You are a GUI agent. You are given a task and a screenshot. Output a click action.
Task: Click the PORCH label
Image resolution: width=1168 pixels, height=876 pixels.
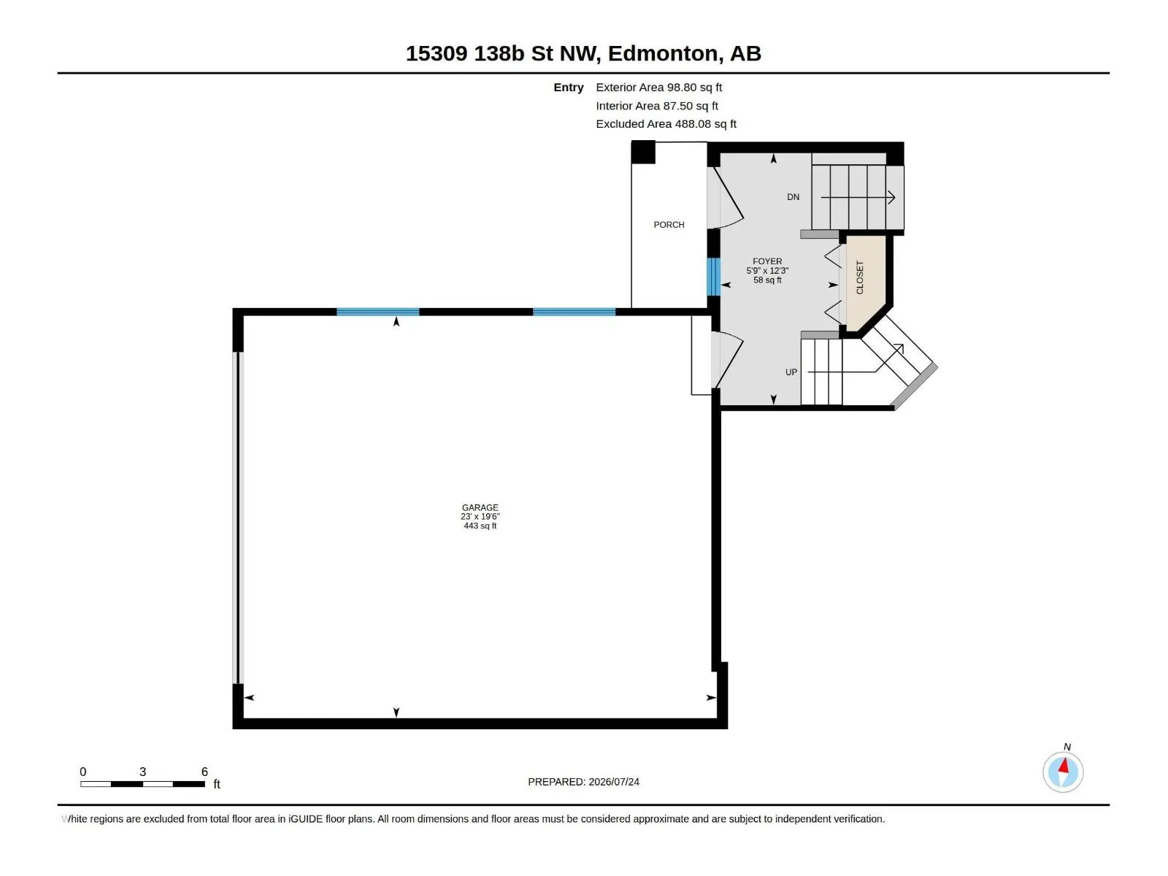click(x=669, y=225)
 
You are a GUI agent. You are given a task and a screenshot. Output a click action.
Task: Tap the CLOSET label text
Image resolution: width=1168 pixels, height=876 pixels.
click(x=860, y=277)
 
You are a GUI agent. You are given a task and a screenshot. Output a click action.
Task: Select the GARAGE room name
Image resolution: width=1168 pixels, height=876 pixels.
click(x=480, y=507)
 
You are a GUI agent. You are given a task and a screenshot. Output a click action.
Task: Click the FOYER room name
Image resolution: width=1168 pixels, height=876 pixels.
click(x=767, y=261)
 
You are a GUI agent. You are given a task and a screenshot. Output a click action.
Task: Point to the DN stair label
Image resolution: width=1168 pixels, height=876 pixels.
click(x=793, y=197)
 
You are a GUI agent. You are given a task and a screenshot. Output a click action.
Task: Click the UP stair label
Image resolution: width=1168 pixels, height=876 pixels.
click(x=791, y=372)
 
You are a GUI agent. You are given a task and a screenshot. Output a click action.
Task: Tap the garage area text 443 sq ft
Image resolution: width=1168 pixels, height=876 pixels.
click(x=480, y=526)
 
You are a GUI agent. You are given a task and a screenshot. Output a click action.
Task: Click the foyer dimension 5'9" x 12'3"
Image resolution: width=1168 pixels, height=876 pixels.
click(x=767, y=271)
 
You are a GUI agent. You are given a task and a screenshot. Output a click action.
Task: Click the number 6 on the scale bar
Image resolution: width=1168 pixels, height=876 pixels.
click(x=204, y=771)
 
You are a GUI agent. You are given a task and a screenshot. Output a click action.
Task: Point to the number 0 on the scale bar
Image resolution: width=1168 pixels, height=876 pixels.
click(x=83, y=771)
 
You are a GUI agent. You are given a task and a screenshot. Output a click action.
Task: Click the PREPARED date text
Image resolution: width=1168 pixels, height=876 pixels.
click(x=583, y=782)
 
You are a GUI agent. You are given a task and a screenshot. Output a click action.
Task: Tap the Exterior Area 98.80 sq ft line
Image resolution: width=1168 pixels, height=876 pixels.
click(x=658, y=87)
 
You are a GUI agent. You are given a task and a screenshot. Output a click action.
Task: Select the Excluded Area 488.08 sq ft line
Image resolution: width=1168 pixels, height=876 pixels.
click(x=666, y=124)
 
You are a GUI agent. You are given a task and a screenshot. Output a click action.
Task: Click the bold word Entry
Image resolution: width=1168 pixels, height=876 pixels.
click(x=568, y=88)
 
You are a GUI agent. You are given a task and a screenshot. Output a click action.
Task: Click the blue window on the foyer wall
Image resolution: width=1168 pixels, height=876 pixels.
click(x=713, y=277)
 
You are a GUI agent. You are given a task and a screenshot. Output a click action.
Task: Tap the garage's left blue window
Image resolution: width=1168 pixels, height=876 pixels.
click(x=378, y=312)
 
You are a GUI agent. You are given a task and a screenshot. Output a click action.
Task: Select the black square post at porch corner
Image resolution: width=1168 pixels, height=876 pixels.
click(x=643, y=152)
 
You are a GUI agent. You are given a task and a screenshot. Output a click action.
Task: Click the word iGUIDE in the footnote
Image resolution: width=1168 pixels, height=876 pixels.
click(x=305, y=819)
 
